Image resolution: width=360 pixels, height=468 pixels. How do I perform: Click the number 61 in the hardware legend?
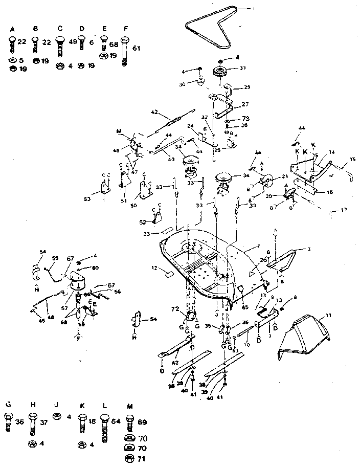136,48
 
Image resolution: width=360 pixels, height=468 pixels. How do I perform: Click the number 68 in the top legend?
114,44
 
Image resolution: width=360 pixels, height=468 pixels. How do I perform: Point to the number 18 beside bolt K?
92,422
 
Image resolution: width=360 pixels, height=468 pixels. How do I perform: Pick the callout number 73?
245,118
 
